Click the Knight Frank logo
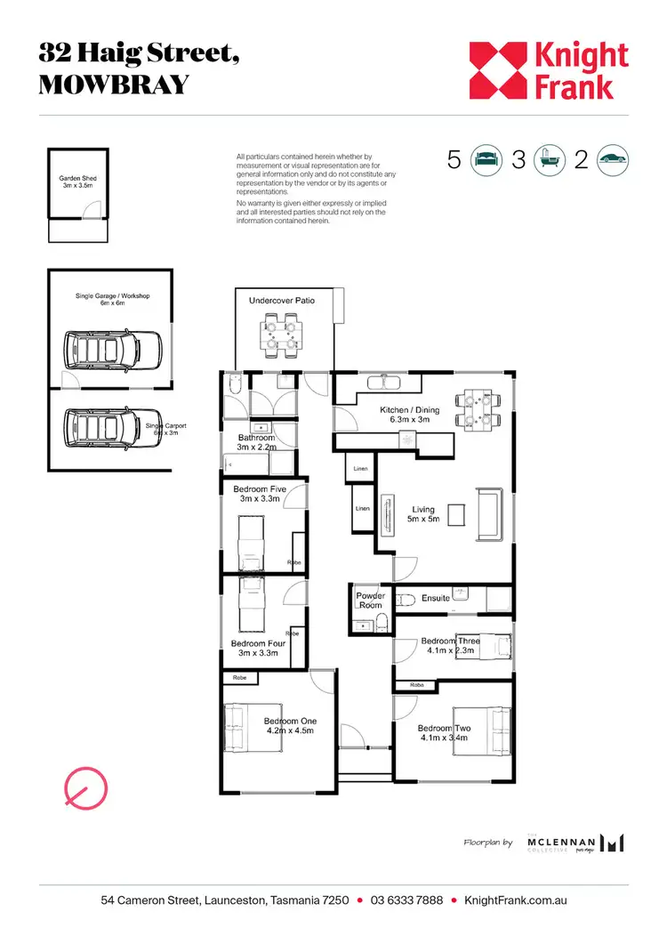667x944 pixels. click(x=549, y=70)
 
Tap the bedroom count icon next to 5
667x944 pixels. click(x=486, y=160)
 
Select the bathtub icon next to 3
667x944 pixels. click(x=549, y=160)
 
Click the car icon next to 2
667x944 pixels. click(x=613, y=160)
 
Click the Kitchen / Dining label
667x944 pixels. click(x=408, y=416)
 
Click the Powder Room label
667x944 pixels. click(x=370, y=601)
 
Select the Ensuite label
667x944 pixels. click(x=436, y=598)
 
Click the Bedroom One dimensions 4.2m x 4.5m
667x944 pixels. click(x=290, y=731)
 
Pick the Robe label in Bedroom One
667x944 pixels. click(x=239, y=678)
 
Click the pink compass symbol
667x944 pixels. click(x=85, y=785)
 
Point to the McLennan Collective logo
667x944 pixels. click(x=575, y=842)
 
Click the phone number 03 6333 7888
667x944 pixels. click(x=406, y=900)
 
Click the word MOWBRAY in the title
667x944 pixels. click(x=114, y=85)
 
